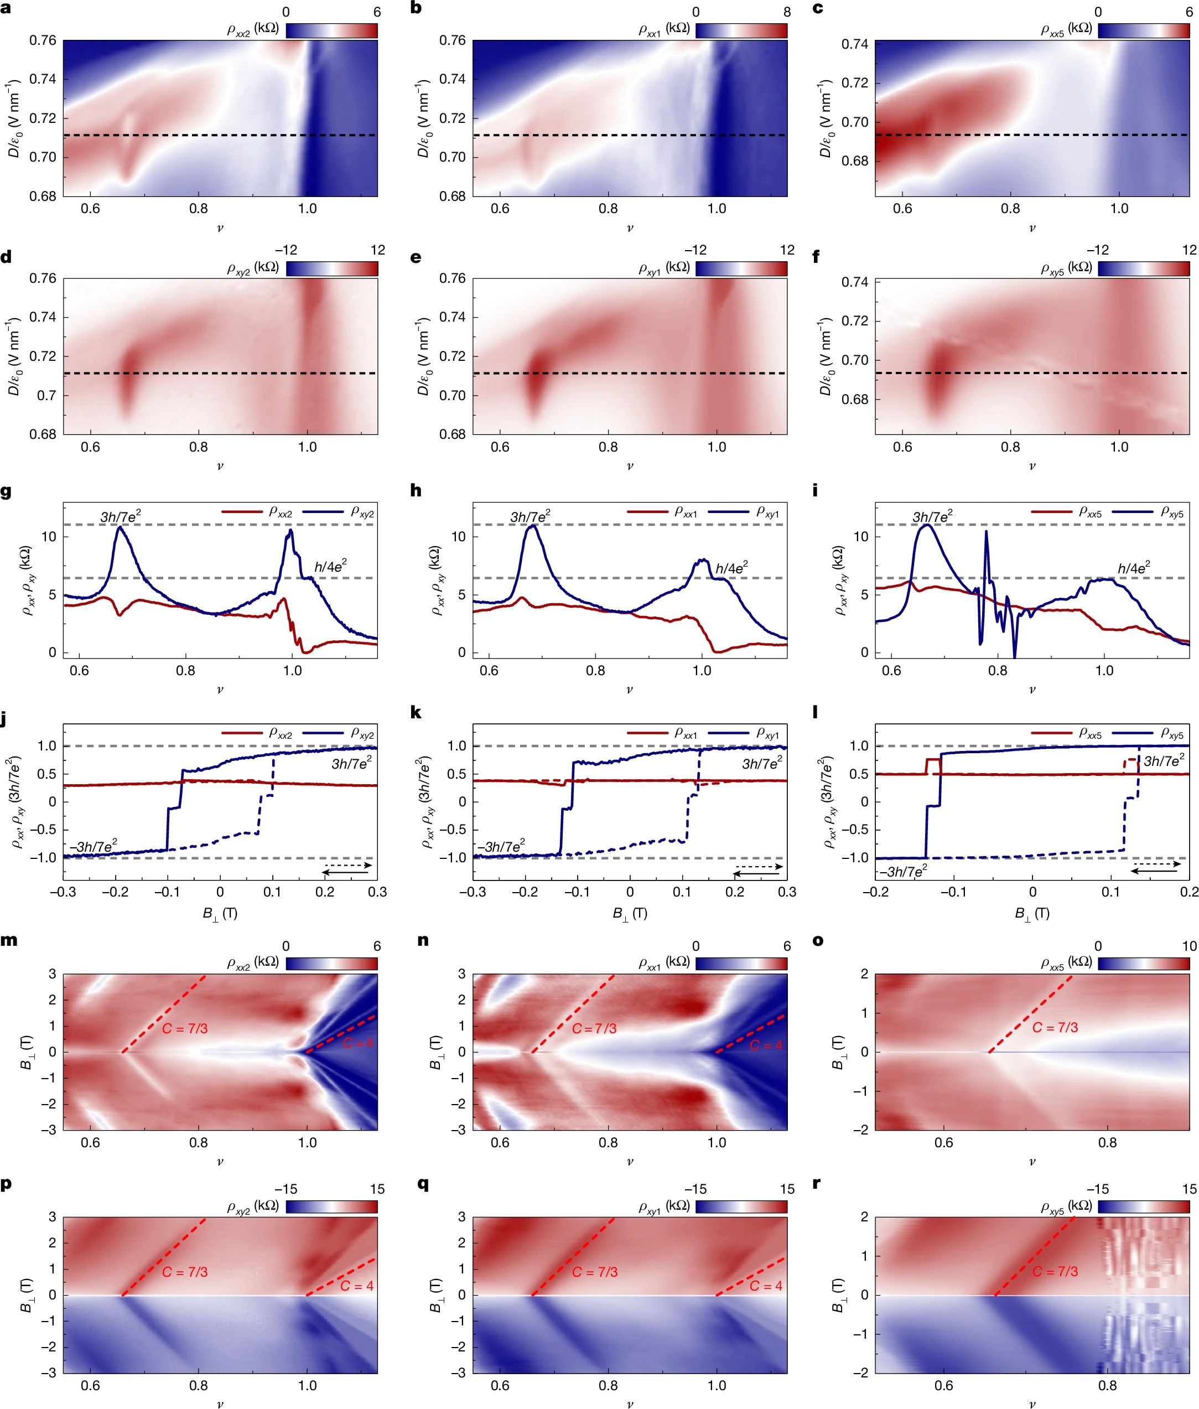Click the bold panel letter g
[x=6, y=491]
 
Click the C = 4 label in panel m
[x=357, y=1043]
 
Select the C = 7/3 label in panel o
[x=1055, y=1027]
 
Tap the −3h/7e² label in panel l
[x=904, y=871]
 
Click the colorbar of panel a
[x=331, y=30]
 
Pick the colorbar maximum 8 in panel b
[x=787, y=12]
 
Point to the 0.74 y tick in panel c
[x=855, y=44]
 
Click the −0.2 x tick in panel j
[x=115, y=892]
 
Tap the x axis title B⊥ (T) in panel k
[x=630, y=913]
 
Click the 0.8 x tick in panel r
[x=1107, y=1385]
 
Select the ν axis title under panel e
[x=630, y=467]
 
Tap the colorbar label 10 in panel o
[x=1189, y=946]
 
